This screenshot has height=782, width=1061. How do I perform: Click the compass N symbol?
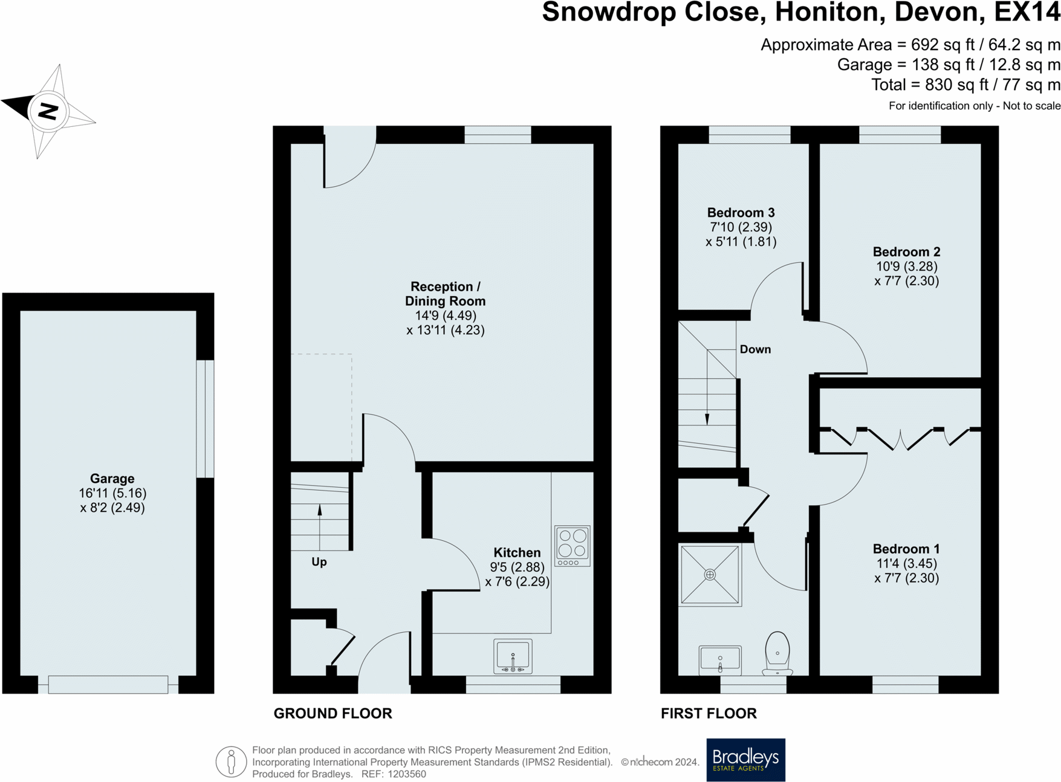(48, 111)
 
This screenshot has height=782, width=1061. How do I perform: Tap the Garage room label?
(112, 479)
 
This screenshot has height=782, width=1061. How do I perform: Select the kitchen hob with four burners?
(572, 546)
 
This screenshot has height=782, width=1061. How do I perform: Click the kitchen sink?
(513, 656)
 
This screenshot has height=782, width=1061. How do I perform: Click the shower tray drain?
(710, 575)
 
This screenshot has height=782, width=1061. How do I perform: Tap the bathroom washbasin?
(720, 659)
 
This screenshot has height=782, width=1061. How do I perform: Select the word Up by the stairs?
(319, 562)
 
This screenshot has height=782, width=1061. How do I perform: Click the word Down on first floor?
(755, 349)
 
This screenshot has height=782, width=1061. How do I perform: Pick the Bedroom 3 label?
(741, 213)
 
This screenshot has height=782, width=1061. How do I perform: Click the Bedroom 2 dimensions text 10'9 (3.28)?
(906, 267)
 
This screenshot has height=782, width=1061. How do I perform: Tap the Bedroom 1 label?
(906, 549)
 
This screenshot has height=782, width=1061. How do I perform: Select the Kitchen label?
(517, 552)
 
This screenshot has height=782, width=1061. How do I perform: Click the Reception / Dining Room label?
(445, 294)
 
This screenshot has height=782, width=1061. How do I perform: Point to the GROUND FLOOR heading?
(333, 713)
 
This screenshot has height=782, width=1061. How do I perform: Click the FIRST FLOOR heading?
(709, 713)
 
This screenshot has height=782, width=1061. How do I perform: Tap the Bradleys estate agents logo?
(745, 760)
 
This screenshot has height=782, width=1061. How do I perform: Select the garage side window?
(205, 419)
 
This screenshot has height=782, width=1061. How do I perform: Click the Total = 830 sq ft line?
(965, 85)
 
